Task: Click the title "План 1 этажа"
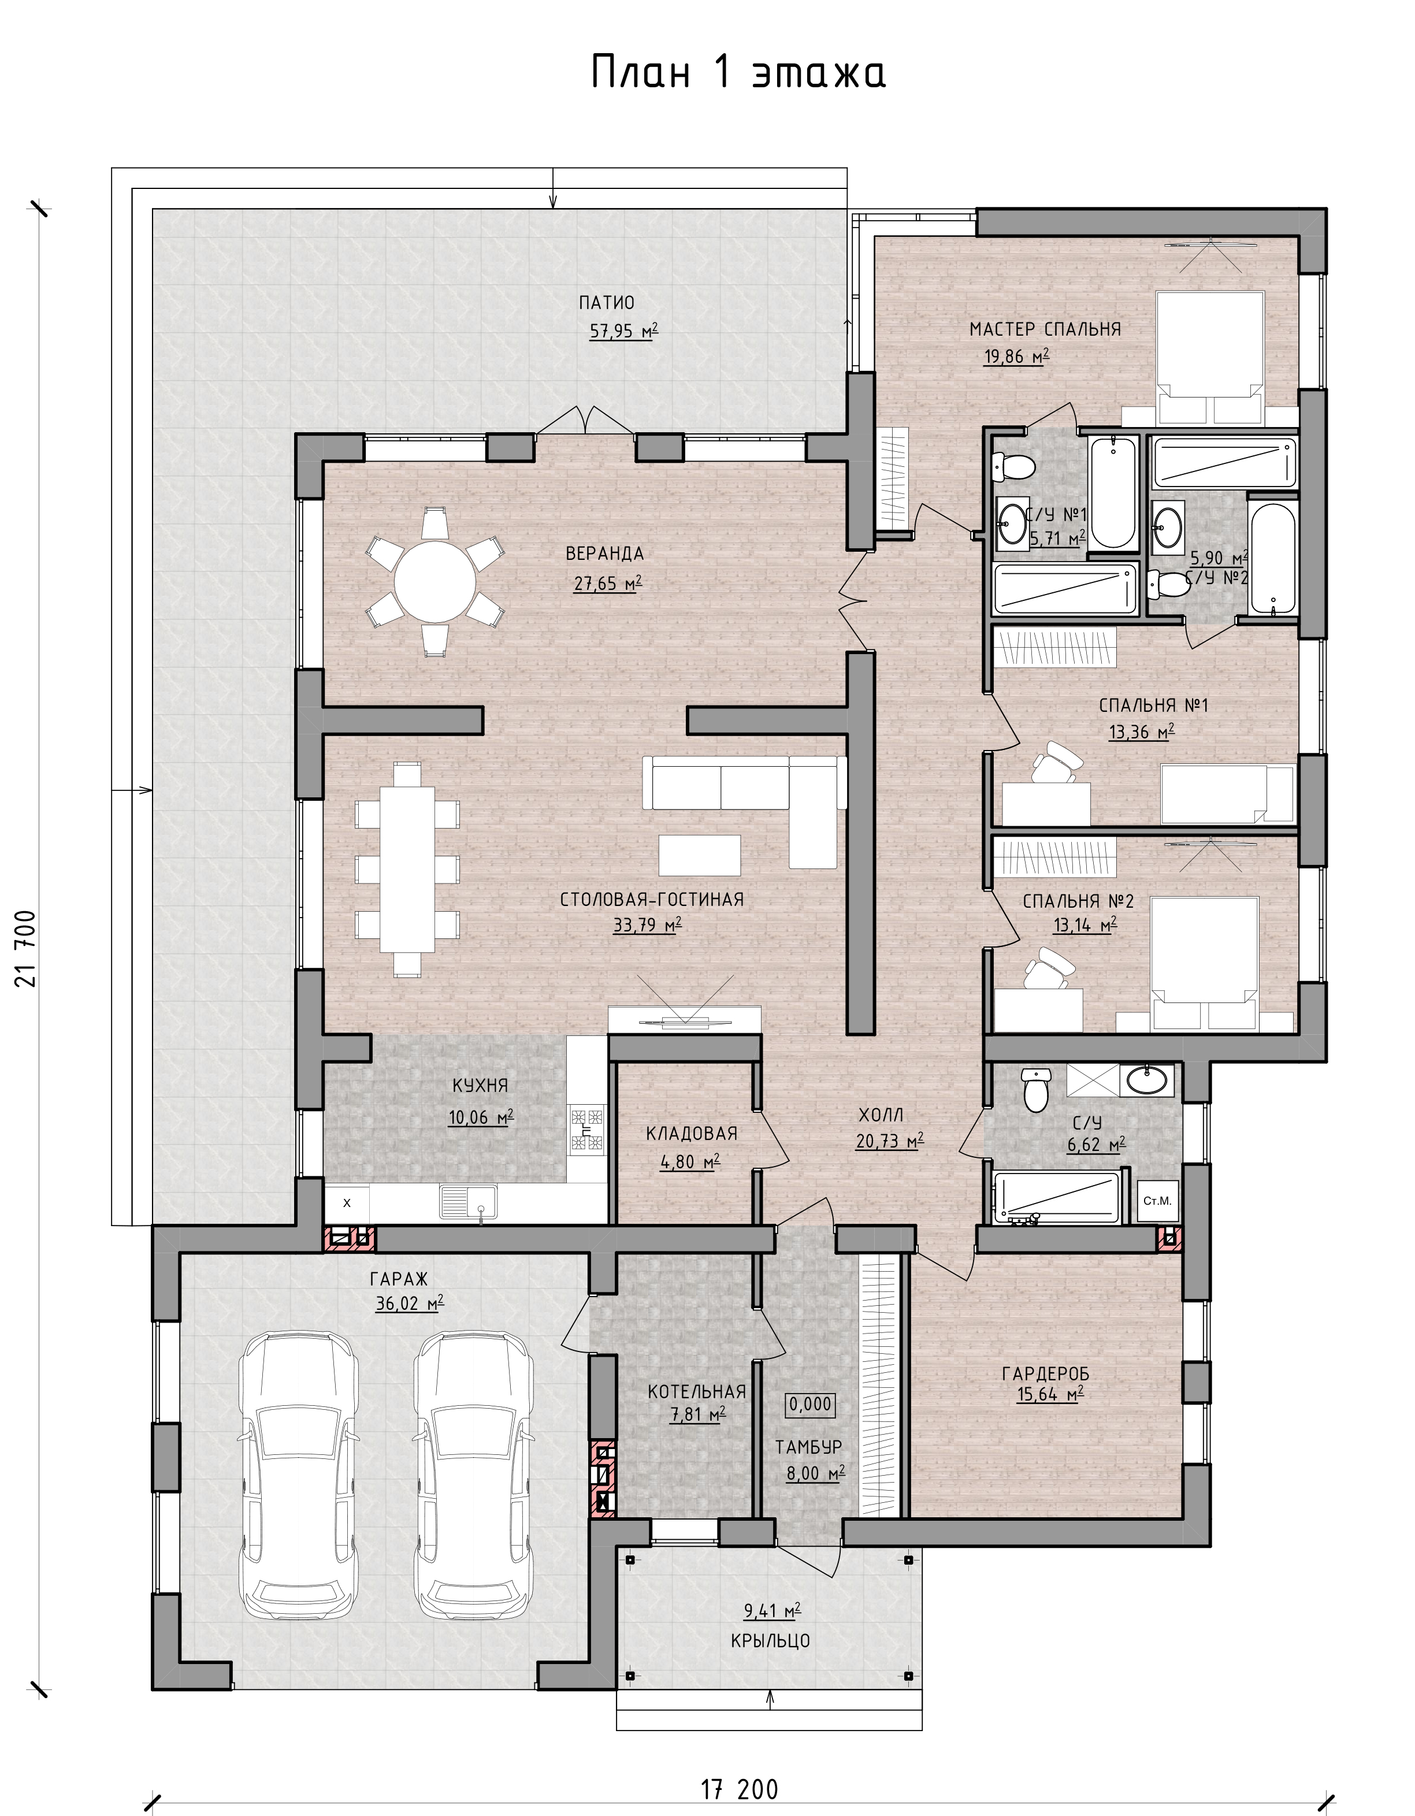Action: [738, 73]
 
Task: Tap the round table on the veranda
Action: [436, 582]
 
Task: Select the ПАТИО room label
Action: [607, 303]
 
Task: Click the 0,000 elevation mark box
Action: [809, 1405]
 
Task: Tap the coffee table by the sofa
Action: [700, 855]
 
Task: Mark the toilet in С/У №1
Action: [1013, 466]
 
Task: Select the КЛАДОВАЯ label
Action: [692, 1133]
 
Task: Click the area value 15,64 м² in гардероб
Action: [1050, 1394]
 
